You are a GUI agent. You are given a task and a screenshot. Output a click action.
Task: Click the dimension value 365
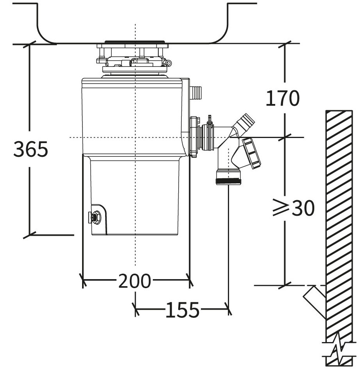pos(31,149)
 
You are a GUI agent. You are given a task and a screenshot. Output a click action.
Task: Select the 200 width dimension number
pos(134,281)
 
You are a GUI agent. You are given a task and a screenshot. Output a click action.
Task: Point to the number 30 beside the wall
pos(303,209)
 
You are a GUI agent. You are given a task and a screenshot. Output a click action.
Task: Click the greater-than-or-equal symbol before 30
pos(281,209)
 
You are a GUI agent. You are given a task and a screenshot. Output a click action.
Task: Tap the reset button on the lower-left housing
pos(94,217)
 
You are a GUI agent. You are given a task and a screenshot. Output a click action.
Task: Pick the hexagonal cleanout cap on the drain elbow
pos(251,153)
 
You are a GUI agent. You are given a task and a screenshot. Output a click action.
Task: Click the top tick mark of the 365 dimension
pos(29,44)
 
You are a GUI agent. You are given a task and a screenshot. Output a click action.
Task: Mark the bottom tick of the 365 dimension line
pos(29,235)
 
